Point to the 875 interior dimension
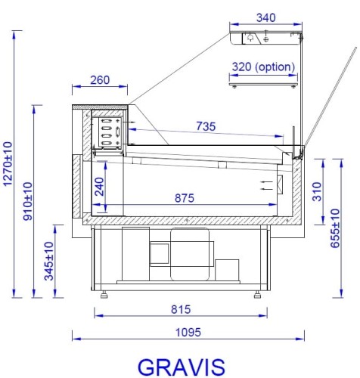[184, 198]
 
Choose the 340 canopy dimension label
[265, 17]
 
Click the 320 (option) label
[263, 67]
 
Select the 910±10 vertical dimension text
[28, 201]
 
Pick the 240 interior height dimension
[99, 186]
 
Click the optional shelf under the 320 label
[262, 84]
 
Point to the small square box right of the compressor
[226, 269]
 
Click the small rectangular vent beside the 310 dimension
[281, 184]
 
